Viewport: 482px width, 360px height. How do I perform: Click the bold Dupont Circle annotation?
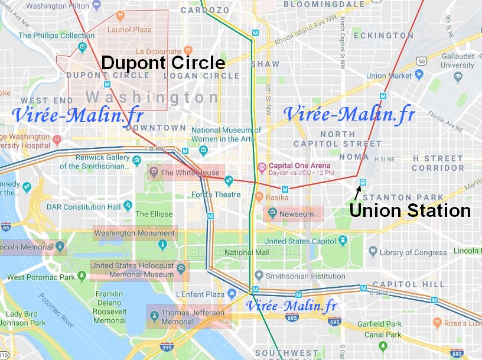pyautogui.click(x=163, y=63)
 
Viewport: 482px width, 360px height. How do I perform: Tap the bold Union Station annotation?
pyautogui.click(x=410, y=210)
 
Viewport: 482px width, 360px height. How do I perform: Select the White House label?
pyautogui.click(x=190, y=173)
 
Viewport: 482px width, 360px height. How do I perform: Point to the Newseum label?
pyautogui.click(x=297, y=214)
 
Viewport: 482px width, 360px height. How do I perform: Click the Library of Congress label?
pyautogui.click(x=413, y=252)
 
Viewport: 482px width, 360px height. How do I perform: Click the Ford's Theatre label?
pyautogui.click(x=215, y=194)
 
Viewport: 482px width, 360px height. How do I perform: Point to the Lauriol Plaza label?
pyautogui.click(x=129, y=29)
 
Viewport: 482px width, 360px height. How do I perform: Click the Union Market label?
pyautogui.click(x=389, y=76)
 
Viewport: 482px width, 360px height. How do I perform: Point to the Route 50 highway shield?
pyautogui.click(x=421, y=61)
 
